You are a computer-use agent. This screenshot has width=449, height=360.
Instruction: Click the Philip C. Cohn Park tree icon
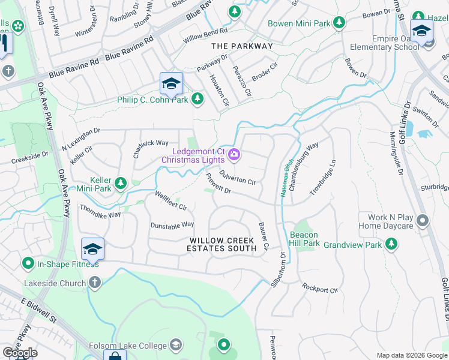point(197,99)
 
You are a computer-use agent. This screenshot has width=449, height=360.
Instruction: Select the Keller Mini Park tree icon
point(121,182)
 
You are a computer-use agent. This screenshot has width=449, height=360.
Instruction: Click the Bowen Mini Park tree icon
point(340,23)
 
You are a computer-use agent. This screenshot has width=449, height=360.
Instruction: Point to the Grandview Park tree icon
point(391,244)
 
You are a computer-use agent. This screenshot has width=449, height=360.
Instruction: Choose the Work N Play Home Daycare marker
point(423,221)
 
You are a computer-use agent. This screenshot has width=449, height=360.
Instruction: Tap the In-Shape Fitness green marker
point(28,263)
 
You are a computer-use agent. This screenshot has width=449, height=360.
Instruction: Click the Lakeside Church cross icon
point(94,282)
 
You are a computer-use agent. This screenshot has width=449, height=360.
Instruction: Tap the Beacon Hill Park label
point(304,239)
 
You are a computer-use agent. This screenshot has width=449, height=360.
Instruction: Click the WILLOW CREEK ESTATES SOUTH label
point(220,244)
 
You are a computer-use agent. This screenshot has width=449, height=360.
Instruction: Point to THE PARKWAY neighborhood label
point(242,46)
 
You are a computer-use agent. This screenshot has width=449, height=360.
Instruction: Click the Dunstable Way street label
point(172,225)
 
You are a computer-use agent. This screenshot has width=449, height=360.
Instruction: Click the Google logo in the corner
point(20,353)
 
